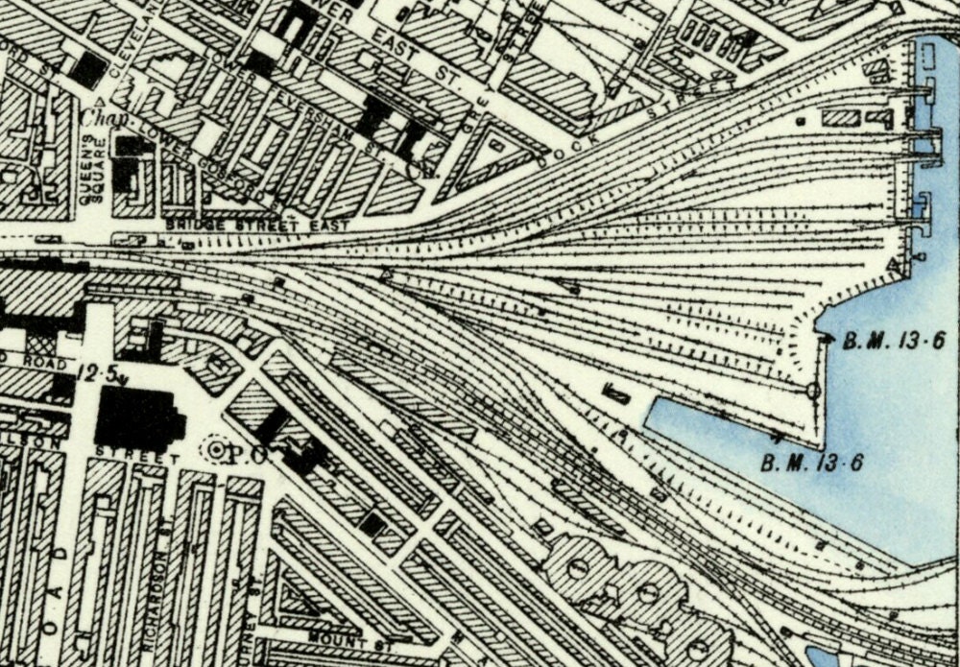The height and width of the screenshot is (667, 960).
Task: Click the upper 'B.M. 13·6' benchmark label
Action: coord(895,340)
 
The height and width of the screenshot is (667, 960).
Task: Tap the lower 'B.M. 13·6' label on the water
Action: coord(812,463)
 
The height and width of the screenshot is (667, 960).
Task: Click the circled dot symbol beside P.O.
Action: coord(216,449)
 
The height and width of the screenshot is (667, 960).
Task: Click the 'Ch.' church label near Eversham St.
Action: coord(419,171)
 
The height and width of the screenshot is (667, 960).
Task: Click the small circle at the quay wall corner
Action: coord(813,391)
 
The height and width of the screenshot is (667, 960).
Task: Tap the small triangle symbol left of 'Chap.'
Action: coord(98,100)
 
